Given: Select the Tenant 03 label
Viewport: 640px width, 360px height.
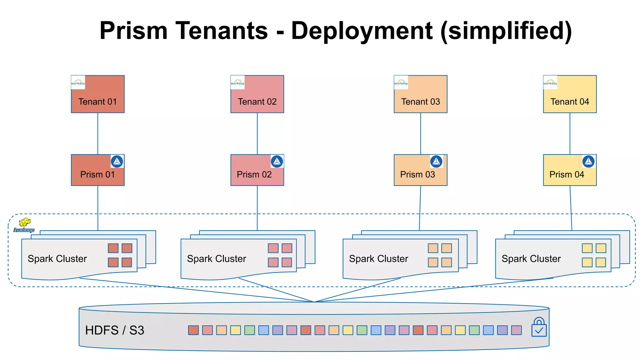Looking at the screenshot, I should (x=420, y=102).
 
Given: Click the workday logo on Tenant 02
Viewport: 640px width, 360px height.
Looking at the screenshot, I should (x=237, y=82).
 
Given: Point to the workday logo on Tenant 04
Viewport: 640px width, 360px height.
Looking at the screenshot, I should (x=550, y=82).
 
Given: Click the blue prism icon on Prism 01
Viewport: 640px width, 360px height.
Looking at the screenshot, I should (x=117, y=162).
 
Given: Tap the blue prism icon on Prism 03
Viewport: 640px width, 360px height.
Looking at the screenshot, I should (x=436, y=162).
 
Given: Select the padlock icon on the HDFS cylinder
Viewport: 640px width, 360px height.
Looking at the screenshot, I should (x=539, y=327).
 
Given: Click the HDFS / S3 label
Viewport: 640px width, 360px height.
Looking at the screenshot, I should (x=115, y=330).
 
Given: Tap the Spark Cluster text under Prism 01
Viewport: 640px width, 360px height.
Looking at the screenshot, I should (x=57, y=259).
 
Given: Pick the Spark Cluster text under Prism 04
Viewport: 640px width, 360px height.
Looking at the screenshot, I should (x=531, y=259).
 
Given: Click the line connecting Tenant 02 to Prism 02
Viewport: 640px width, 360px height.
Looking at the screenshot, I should (x=257, y=133).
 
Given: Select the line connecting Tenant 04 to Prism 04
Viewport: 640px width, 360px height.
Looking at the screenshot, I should (x=570, y=133).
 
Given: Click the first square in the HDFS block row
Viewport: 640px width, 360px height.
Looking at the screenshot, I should (x=193, y=330).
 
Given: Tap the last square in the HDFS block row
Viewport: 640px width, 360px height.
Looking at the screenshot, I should (x=516, y=330).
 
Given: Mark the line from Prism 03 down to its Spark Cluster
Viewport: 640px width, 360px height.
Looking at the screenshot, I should (x=420, y=208).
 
